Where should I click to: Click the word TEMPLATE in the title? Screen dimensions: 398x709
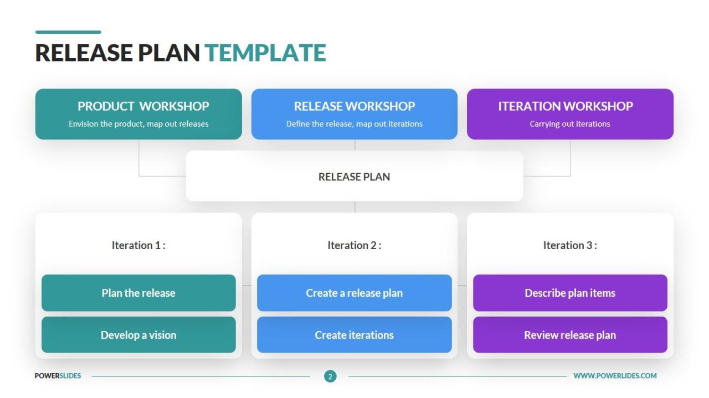pyautogui.click(x=265, y=53)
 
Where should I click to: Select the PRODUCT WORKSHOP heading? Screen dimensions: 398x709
pyautogui.click(x=143, y=106)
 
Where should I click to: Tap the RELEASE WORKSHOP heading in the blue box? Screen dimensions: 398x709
pyautogui.click(x=354, y=106)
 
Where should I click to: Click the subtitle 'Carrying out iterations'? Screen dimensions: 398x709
pyautogui.click(x=570, y=124)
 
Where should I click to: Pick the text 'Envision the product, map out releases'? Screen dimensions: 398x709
pyautogui.click(x=138, y=124)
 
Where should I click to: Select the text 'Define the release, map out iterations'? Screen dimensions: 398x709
pyautogui.click(x=354, y=124)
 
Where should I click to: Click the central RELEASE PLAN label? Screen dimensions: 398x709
pyautogui.click(x=354, y=177)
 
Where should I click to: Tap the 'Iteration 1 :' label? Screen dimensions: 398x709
pyautogui.click(x=138, y=245)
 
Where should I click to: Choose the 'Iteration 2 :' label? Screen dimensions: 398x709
pyautogui.click(x=354, y=245)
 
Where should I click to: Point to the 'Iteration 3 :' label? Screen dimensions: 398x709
pyautogui.click(x=570, y=245)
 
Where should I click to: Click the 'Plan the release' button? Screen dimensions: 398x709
pyautogui.click(x=138, y=293)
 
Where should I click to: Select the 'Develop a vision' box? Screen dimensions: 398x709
pyautogui.click(x=138, y=335)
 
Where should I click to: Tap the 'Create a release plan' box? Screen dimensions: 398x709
pyautogui.click(x=354, y=293)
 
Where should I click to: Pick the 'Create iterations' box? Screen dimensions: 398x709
pyautogui.click(x=354, y=335)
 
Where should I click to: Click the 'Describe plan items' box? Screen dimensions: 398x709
pyautogui.click(x=570, y=293)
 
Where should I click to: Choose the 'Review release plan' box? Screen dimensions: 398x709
pyautogui.click(x=570, y=335)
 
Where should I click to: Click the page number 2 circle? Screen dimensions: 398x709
pyautogui.click(x=330, y=376)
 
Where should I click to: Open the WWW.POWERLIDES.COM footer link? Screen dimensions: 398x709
pyautogui.click(x=615, y=376)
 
